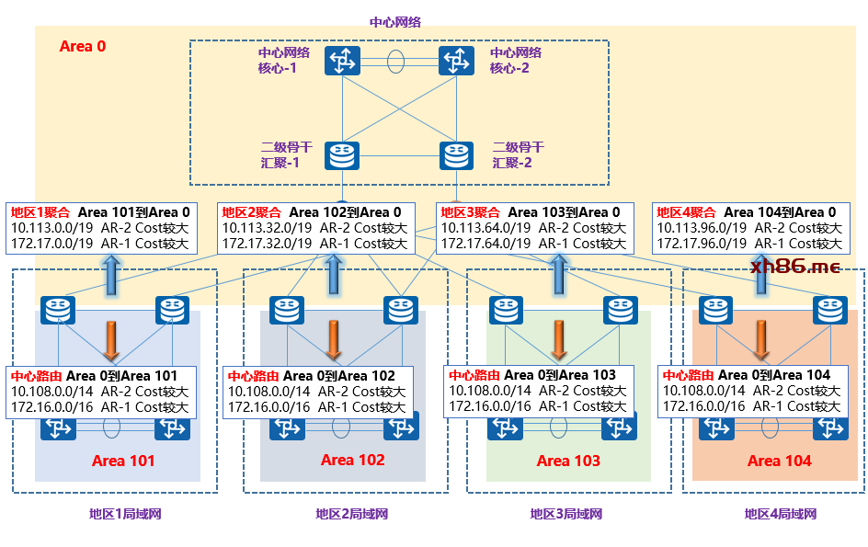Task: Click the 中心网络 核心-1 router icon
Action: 342,62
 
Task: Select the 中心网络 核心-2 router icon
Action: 455,62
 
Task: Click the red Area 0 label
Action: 83,46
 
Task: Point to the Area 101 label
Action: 123,462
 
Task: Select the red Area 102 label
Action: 352,460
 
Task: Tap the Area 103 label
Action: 568,462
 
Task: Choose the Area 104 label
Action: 780,462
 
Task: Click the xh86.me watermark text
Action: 794,267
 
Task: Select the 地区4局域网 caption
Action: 781,514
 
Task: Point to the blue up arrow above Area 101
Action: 112,276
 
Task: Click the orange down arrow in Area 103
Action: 559,340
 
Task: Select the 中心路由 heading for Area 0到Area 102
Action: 253,376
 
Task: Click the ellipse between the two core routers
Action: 396,62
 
